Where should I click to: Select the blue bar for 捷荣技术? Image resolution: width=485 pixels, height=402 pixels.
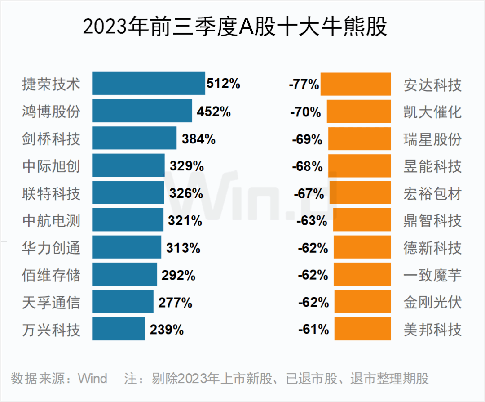click(149, 84)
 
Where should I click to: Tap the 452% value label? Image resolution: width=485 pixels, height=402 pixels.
click(214, 112)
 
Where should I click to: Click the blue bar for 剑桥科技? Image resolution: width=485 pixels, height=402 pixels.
click(134, 138)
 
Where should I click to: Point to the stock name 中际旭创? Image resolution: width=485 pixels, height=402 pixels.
click(51, 166)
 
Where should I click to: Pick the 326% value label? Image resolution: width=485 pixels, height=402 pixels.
click(186, 193)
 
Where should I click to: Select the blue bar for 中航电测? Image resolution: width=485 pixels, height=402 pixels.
click(128, 220)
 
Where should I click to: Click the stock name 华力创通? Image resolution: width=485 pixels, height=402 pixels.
click(51, 248)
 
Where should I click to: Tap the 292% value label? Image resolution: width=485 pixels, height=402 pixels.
click(178, 275)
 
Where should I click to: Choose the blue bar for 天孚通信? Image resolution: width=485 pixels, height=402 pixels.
click(123, 302)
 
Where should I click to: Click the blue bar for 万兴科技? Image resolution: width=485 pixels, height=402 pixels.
click(119, 329)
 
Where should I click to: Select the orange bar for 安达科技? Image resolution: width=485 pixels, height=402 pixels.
click(356, 84)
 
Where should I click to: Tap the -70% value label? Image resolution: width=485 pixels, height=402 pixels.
click(306, 112)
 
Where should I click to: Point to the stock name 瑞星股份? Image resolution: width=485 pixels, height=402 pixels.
click(432, 139)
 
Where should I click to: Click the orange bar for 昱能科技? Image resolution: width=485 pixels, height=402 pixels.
click(360, 166)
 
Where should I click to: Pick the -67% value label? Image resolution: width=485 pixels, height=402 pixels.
click(309, 193)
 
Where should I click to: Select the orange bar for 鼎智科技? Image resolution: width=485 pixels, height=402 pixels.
click(362, 220)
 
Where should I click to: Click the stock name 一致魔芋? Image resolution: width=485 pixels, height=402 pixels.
click(432, 275)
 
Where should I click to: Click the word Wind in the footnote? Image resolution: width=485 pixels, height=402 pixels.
click(93, 378)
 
